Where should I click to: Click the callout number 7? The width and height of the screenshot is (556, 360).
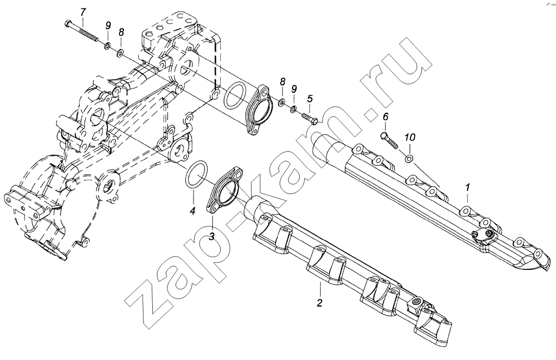coord(83,12)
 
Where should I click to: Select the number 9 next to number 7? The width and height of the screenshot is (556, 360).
coord(107,26)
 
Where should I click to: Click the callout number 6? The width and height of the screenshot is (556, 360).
coord(385,116)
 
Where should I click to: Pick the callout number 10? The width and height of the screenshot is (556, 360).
coord(409,136)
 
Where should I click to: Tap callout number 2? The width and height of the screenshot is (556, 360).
coord(320,303)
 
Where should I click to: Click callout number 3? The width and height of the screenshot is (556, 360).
coord(212,238)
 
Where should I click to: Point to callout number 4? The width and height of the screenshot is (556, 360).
coord(192,211)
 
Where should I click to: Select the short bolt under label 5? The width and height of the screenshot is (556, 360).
coord(309,119)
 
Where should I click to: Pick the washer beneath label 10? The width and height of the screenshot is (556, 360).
coord(409,160)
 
